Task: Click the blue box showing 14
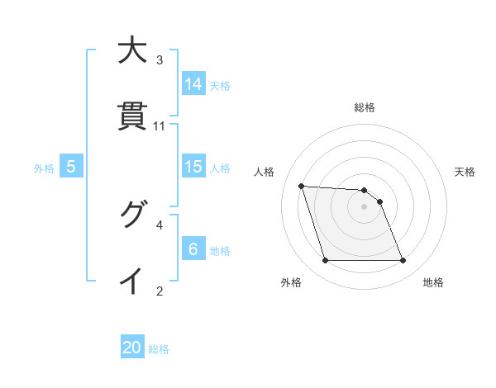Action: (193, 84)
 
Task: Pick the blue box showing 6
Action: (193, 249)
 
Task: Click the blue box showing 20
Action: (132, 348)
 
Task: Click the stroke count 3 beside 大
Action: (160, 60)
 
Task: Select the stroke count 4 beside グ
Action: (160, 225)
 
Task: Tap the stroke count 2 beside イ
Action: (160, 291)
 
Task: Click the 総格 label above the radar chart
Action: (365, 107)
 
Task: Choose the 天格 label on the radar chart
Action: (465, 172)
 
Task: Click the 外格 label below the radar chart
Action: (291, 283)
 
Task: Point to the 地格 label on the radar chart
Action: (433, 283)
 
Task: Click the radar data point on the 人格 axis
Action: (301, 186)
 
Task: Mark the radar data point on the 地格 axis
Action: (403, 261)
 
